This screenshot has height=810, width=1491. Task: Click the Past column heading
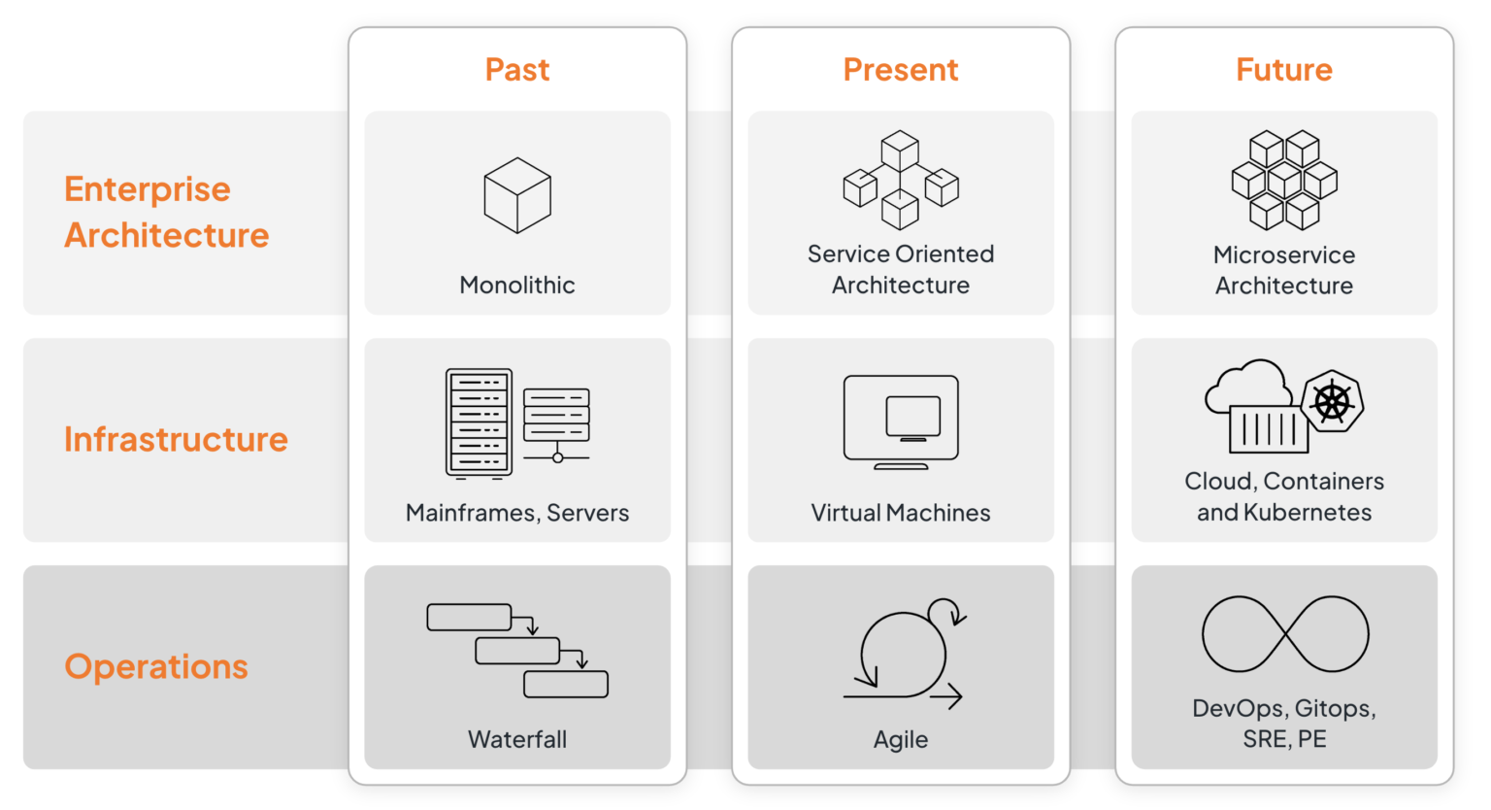pos(517,70)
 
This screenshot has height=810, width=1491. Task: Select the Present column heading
pos(901,70)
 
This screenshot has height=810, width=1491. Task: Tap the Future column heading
pos(1284,70)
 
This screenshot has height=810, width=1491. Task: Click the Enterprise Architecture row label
pos(166,212)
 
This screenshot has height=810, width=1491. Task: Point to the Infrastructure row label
pos(176,439)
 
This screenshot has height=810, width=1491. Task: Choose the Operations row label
pos(156,666)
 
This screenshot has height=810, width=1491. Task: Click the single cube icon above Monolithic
pos(517,195)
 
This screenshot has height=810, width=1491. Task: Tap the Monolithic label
pos(517,285)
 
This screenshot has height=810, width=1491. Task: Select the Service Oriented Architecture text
pos(901,269)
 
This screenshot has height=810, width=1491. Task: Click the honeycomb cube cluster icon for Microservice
pos(1284,180)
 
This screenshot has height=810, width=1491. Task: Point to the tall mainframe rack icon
pos(479,423)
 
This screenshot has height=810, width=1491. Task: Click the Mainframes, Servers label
pos(517,513)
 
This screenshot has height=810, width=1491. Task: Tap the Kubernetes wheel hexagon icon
pos(1333,401)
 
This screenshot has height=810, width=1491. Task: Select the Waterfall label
pos(517,739)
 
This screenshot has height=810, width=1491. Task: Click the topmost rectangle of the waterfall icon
pos(469,617)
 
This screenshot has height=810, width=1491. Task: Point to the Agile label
pos(901,739)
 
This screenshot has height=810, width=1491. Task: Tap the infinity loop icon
pos(1285,634)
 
